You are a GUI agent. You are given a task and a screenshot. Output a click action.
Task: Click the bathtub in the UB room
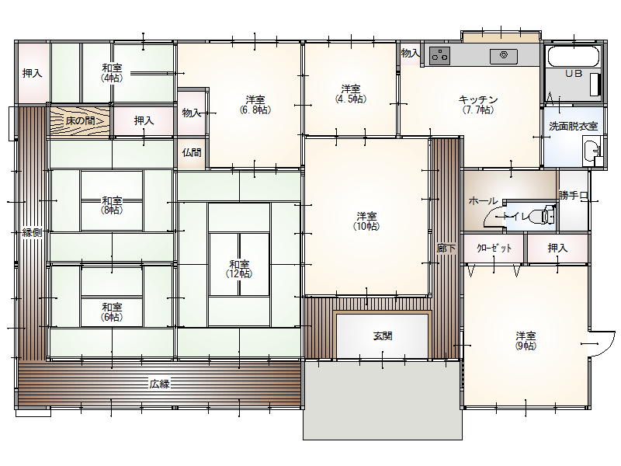coord(573,56)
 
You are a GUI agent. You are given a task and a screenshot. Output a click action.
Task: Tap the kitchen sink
coord(503,56)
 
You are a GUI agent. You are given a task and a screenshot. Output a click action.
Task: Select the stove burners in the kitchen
coord(439,55)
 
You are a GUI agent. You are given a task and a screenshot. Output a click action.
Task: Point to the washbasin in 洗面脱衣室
coord(592,151)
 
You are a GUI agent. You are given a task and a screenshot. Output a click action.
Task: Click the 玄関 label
coord(383,336)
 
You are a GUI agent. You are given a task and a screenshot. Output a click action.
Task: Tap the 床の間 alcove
coord(80,120)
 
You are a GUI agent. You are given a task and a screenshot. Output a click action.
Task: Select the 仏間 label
coord(192,152)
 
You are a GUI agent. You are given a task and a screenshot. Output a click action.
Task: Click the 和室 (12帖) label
coord(239,269)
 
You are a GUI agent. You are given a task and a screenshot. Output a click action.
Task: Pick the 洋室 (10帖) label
coord(366,221)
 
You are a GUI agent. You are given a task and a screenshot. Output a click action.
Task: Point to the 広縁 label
coord(160,384)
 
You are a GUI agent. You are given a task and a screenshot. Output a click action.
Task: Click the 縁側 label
coord(32,232)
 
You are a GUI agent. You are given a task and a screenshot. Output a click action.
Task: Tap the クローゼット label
coord(494,248)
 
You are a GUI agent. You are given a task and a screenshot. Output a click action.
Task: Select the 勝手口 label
coord(573,195)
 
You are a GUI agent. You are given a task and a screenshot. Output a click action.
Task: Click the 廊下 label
coord(446,249)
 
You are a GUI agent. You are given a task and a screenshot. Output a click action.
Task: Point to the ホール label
coord(483,200)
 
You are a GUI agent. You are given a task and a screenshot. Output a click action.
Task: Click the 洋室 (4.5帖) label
coord(351,93)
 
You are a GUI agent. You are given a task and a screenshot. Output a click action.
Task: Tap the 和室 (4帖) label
coord(112,73)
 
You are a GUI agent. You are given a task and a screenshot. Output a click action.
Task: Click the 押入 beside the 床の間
coord(144,120)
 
